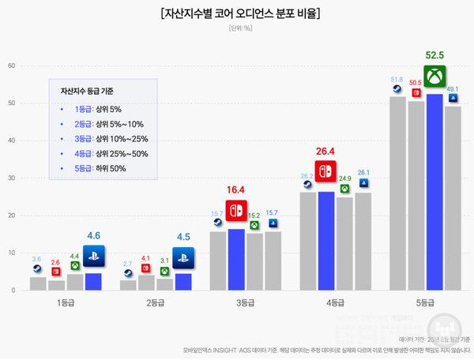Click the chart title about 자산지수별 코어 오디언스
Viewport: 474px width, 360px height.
237,13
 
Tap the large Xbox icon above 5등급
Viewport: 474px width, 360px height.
434,77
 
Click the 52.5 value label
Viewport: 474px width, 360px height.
434,56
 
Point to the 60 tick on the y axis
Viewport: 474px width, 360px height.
12,66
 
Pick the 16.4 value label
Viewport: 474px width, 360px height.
236,190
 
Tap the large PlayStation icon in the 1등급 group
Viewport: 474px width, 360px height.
93,254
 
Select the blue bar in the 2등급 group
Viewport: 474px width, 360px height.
183,281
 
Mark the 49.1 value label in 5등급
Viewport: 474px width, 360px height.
453,89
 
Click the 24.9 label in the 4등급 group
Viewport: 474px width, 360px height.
344,179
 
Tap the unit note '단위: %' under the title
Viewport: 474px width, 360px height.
237,29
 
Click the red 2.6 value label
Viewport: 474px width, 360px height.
55,262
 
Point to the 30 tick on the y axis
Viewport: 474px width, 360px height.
12,178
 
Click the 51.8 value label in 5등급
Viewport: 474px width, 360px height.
397,79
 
